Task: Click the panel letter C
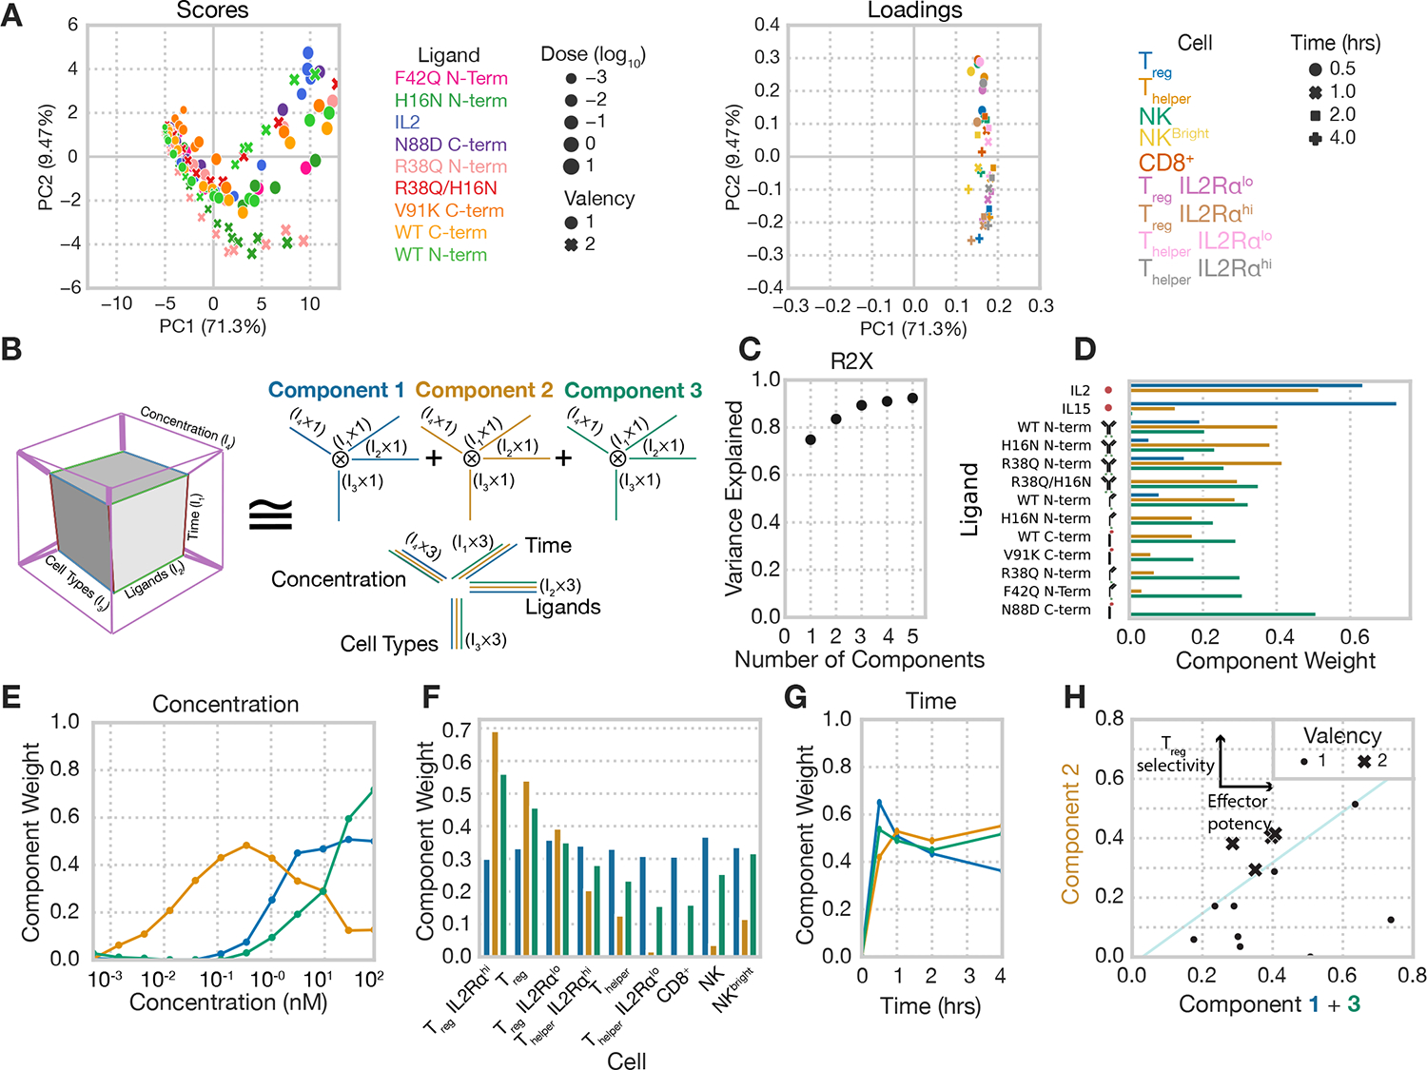(749, 349)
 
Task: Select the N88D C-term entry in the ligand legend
(450, 145)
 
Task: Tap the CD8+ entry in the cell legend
(1165, 163)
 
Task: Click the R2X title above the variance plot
(851, 361)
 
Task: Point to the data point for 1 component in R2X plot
(811, 439)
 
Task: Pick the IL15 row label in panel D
(1076, 408)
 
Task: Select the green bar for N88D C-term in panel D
(1222, 614)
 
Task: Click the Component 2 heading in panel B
(483, 390)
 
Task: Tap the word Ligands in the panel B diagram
(563, 607)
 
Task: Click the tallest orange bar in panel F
(495, 843)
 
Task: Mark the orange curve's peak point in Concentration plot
(246, 845)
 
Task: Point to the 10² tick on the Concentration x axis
(368, 978)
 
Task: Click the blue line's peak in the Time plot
(879, 802)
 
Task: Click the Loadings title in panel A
(914, 10)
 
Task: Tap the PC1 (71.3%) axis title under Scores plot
(212, 326)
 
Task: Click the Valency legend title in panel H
(1341, 735)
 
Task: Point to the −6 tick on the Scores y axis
(72, 287)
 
